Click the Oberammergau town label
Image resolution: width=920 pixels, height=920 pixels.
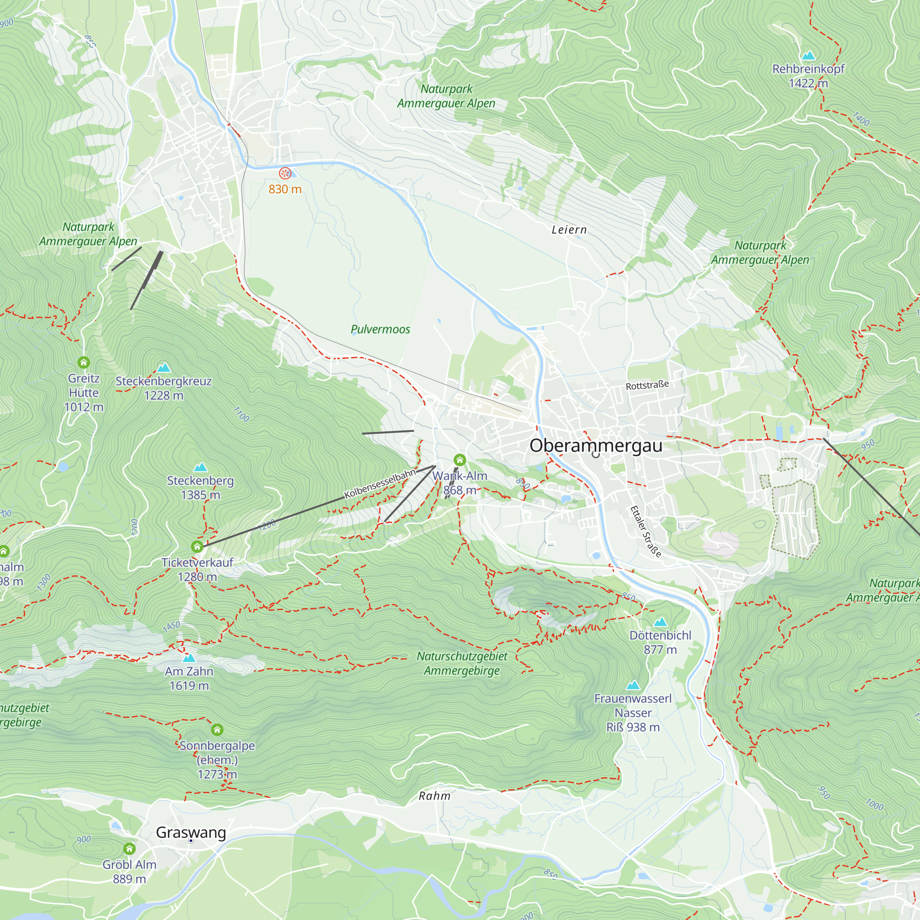pyautogui.click(x=596, y=446)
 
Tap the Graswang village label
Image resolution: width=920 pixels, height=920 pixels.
pyautogui.click(x=191, y=833)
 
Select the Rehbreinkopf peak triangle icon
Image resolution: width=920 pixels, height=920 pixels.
pyautogui.click(x=808, y=56)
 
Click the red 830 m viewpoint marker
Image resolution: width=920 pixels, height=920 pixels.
pyautogui.click(x=285, y=173)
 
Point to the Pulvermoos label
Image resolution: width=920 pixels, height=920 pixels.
pyautogui.click(x=380, y=329)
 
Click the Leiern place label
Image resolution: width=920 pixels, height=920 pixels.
pyautogui.click(x=569, y=230)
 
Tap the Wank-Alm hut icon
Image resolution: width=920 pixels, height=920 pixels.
pyautogui.click(x=460, y=460)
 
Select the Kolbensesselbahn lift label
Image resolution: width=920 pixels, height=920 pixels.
pyautogui.click(x=380, y=483)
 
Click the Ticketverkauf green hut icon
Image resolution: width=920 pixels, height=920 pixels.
pyautogui.click(x=197, y=546)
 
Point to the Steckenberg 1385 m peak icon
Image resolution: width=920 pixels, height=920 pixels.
pyautogui.click(x=201, y=467)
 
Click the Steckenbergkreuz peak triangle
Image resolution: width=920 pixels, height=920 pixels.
pyautogui.click(x=164, y=367)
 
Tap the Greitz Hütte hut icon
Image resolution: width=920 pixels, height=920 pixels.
pyautogui.click(x=84, y=362)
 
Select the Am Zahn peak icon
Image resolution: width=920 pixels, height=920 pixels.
pyautogui.click(x=189, y=658)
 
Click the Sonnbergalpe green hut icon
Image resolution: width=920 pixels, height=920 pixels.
pyautogui.click(x=217, y=730)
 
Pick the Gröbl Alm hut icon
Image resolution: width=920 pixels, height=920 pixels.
pyautogui.click(x=130, y=849)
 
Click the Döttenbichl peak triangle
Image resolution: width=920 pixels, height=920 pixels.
pyautogui.click(x=660, y=622)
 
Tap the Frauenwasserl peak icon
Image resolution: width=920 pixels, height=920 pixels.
pyautogui.click(x=633, y=685)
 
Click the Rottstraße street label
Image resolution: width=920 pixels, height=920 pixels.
pyautogui.click(x=647, y=385)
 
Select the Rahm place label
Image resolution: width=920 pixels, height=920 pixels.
pyautogui.click(x=434, y=796)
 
